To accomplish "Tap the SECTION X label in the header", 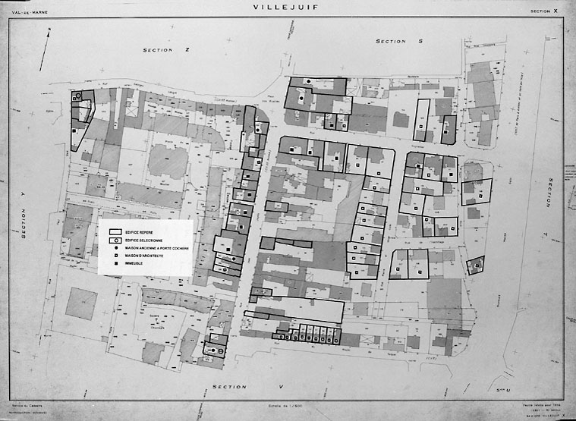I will click(x=543, y=11).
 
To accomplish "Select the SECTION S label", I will click(x=398, y=41).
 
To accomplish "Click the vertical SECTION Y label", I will click(x=24, y=216).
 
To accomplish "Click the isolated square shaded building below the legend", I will click(x=81, y=303).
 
